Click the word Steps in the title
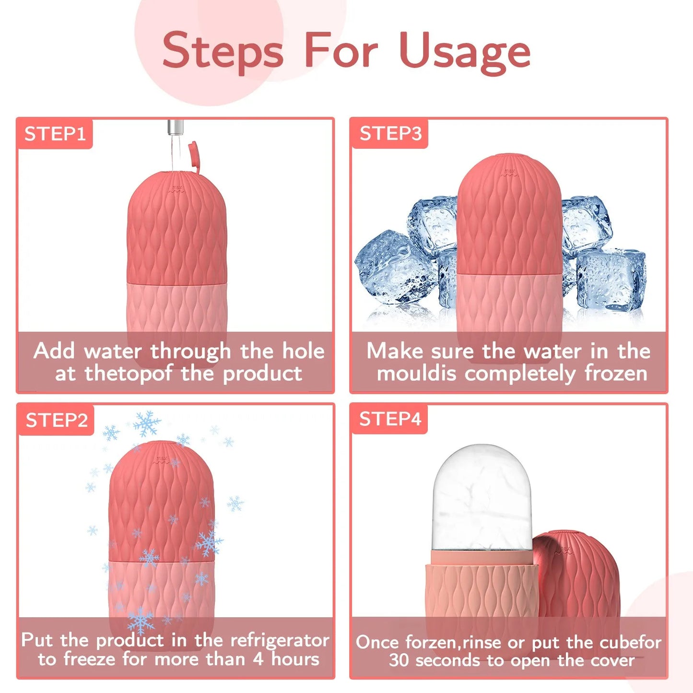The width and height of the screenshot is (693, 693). (223, 51)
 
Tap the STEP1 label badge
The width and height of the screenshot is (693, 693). (55, 134)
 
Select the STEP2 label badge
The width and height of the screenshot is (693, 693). (57, 421)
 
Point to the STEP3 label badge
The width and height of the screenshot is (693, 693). (390, 133)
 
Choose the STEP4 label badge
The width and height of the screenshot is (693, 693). (390, 419)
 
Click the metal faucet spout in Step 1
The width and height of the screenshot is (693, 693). (175, 128)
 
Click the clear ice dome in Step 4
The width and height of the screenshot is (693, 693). (482, 499)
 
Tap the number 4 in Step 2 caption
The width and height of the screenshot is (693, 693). (258, 659)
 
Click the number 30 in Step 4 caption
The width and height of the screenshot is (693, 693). (399, 660)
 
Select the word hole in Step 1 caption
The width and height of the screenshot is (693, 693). (303, 351)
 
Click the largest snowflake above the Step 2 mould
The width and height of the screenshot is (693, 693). (147, 423)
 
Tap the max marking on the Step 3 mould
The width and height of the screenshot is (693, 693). (509, 172)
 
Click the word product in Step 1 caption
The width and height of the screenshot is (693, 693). (262, 374)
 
